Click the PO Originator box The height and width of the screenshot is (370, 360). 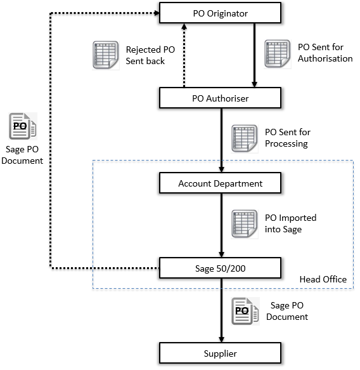tap(220, 13)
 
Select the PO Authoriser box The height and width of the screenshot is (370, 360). tap(220, 98)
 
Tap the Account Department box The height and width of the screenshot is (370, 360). tap(220, 183)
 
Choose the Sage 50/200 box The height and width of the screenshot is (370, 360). tap(220, 268)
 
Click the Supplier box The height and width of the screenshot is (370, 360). tap(220, 353)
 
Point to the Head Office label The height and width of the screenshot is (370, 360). tap(323, 279)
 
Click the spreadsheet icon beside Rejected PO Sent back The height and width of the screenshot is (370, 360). tap(106, 55)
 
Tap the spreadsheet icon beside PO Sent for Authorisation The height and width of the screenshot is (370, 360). tap(278, 54)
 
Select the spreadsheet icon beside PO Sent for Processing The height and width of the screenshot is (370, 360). tap(244, 139)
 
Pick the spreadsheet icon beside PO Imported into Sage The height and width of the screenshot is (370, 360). tap(244, 224)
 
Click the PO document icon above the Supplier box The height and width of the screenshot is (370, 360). tap(245, 311)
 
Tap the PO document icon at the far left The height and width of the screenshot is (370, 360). tap(23, 126)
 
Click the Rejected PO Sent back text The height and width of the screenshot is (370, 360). tap(150, 55)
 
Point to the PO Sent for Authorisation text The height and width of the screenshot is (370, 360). tap(325, 53)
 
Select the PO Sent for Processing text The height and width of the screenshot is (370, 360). tap(288, 138)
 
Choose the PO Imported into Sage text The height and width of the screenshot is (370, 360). tap(290, 223)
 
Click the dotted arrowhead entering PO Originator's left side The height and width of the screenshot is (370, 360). tap(157, 13)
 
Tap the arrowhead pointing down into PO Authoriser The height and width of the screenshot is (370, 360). tap(254, 84)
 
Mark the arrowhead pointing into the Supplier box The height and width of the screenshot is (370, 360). tap(221, 340)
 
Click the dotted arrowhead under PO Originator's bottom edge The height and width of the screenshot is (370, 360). tap(184, 26)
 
